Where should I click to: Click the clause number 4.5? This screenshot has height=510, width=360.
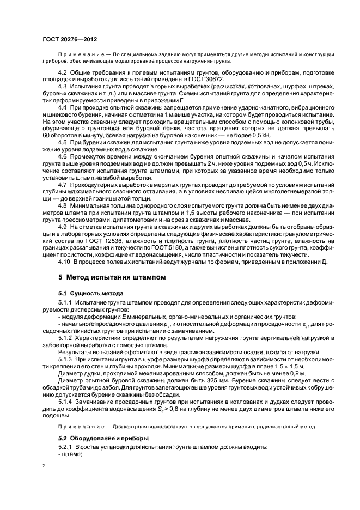pyautogui.click(x=63, y=143)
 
